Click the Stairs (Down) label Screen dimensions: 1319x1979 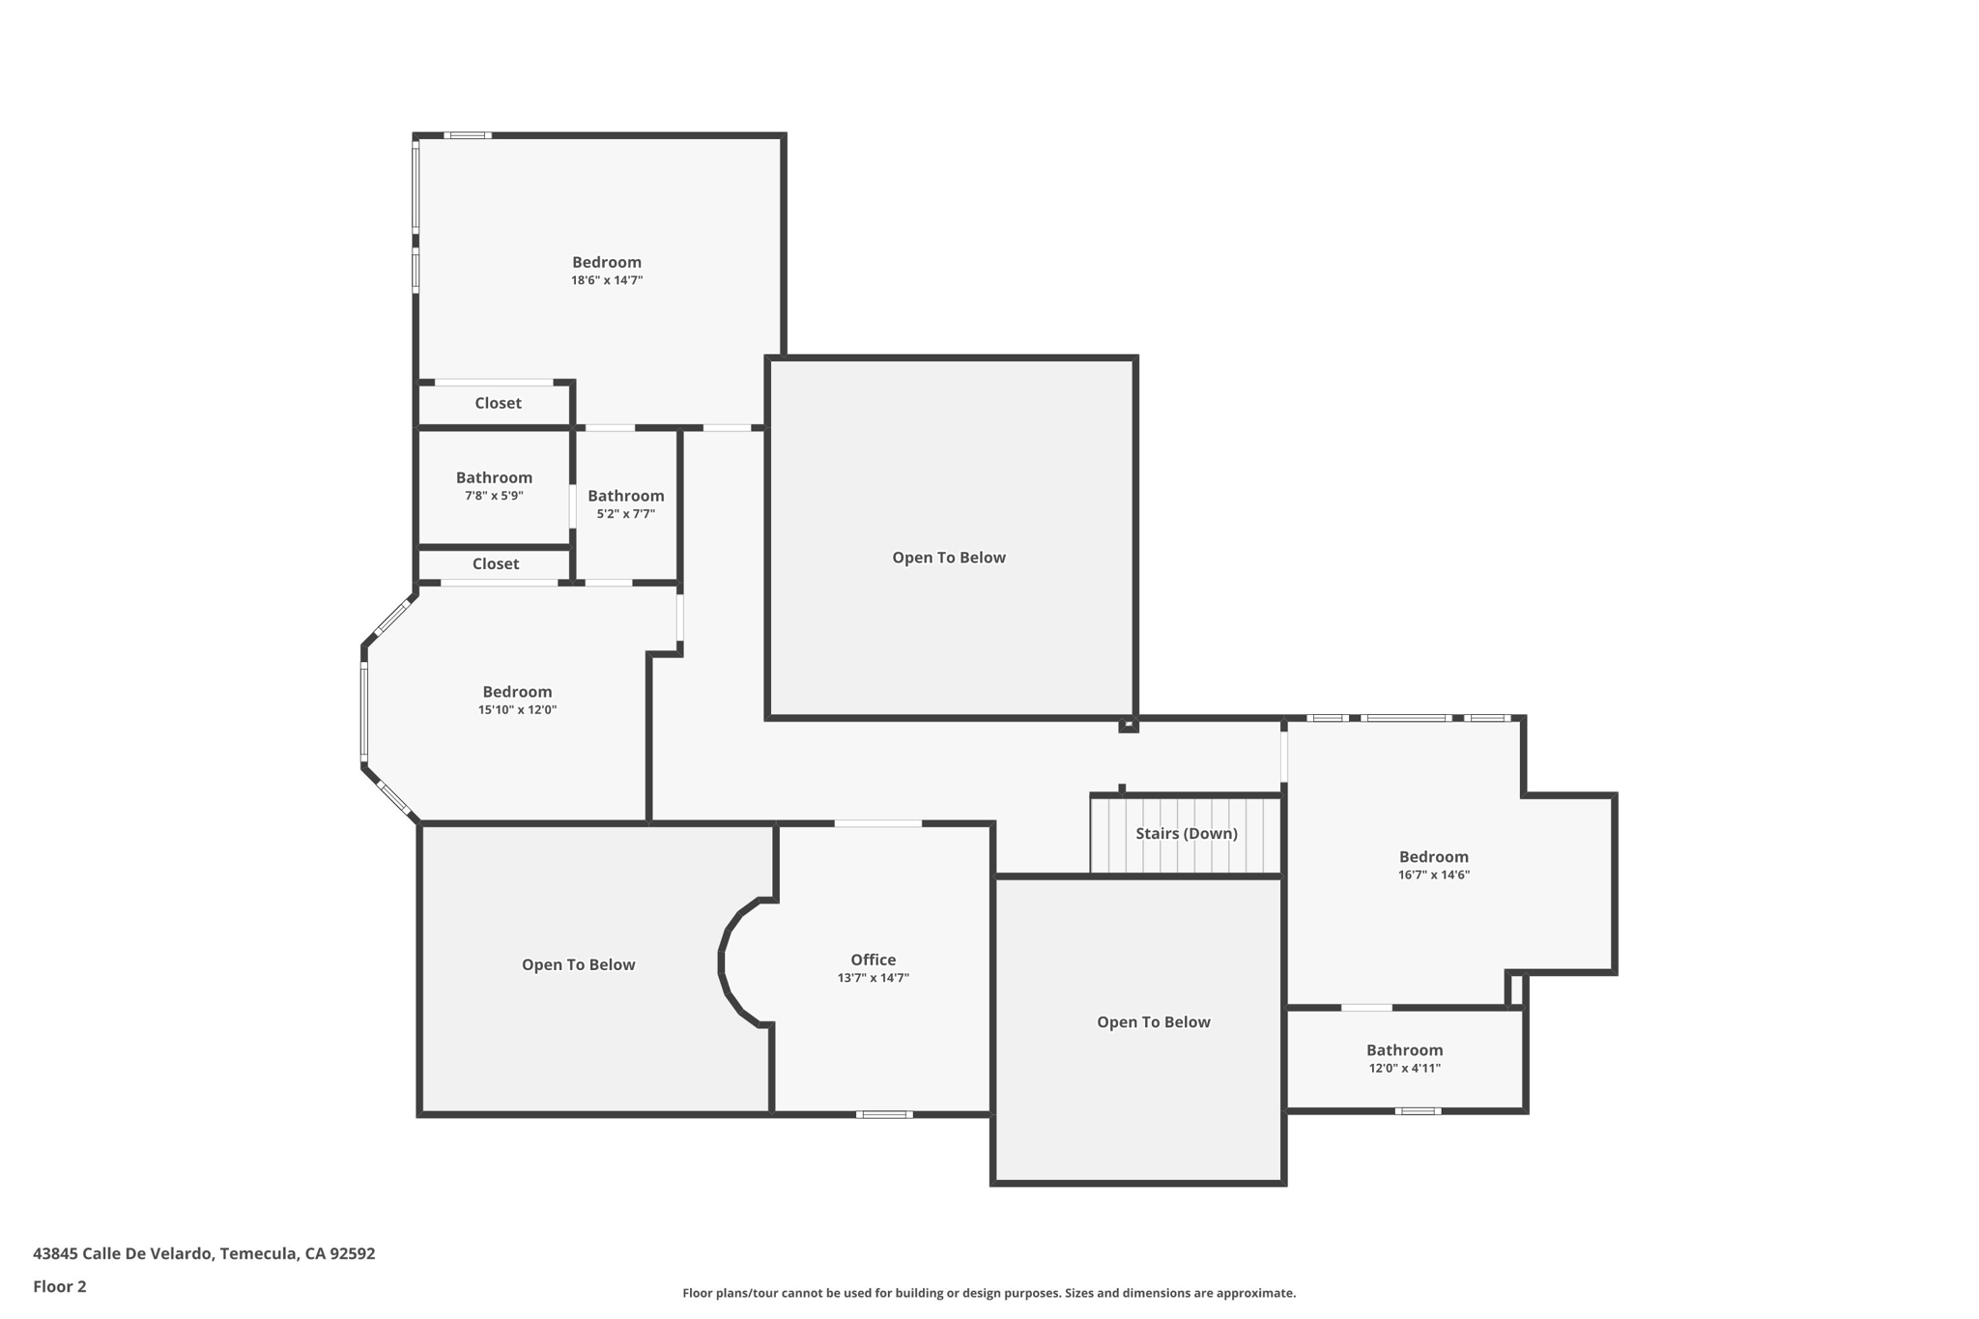(x=1186, y=833)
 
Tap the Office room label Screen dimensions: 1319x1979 (x=873, y=960)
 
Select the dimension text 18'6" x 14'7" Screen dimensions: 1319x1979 (x=606, y=280)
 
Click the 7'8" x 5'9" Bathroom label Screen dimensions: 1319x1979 (x=494, y=477)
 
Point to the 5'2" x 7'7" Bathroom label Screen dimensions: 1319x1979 (x=625, y=496)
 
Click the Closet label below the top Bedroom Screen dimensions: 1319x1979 (x=498, y=403)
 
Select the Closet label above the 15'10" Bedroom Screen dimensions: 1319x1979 (x=495, y=563)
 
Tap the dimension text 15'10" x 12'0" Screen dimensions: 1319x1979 (x=517, y=710)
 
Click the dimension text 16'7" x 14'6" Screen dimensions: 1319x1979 (x=1433, y=875)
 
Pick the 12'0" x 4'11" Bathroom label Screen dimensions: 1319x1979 (x=1404, y=1050)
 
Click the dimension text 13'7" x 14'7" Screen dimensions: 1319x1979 (x=873, y=978)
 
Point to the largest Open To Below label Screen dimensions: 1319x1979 (x=948, y=558)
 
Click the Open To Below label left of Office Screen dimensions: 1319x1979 (x=578, y=964)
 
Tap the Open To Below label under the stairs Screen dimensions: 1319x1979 (x=1153, y=1022)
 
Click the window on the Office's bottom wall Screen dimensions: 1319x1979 (x=883, y=1114)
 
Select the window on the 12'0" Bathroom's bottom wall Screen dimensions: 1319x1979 (x=1418, y=1111)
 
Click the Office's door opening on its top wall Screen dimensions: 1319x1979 (x=877, y=823)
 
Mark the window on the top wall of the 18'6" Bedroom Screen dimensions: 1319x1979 (x=467, y=135)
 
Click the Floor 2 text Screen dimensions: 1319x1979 (x=60, y=1286)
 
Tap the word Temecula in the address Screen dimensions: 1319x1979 (x=257, y=1253)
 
